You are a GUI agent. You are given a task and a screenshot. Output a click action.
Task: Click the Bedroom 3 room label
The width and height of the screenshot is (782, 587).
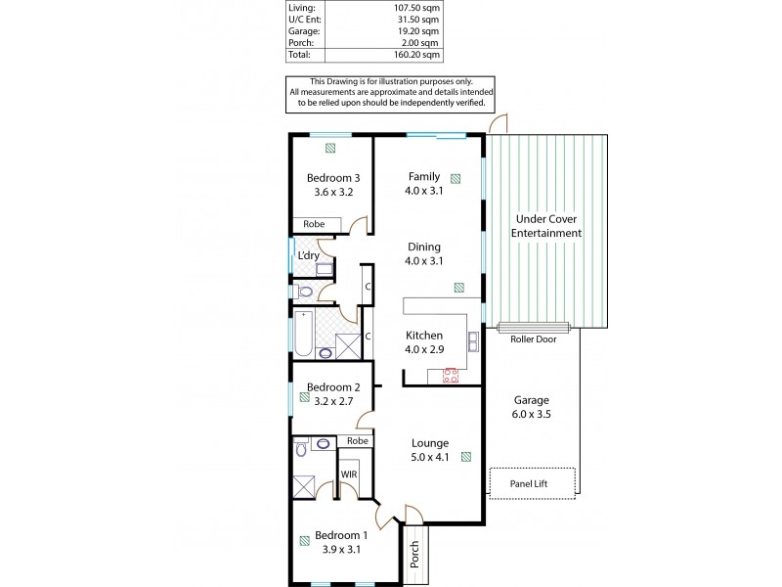(x=333, y=177)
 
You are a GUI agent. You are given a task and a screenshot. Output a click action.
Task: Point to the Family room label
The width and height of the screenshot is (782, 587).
(x=423, y=176)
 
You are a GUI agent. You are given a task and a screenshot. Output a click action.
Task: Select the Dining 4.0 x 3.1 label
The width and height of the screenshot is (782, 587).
(x=423, y=253)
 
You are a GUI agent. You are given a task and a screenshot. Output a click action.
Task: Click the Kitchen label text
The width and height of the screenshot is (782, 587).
(x=423, y=335)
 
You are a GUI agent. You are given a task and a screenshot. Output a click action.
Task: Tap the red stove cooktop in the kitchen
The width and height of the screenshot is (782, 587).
(x=452, y=375)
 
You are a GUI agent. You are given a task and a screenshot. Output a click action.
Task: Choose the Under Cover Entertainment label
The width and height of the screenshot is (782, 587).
(x=546, y=226)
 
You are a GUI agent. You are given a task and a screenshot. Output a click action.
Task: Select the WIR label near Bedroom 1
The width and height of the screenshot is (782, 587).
(x=348, y=474)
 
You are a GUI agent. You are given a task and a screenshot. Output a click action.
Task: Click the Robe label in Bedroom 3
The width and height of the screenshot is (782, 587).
(x=313, y=224)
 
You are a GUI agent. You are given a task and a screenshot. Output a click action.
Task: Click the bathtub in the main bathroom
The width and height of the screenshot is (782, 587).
(x=303, y=335)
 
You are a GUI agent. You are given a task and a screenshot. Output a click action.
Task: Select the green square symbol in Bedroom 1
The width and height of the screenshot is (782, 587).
(x=306, y=537)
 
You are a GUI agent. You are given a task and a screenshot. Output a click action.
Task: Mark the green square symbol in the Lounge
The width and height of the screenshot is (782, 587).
(x=465, y=455)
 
